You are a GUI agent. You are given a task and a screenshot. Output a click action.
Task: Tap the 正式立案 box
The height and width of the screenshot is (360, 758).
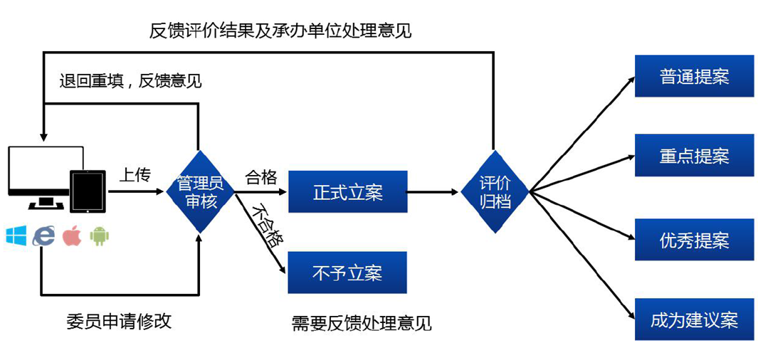pyautogui.click(x=347, y=192)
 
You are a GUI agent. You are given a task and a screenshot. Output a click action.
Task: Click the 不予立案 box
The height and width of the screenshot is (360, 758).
pyautogui.click(x=347, y=272)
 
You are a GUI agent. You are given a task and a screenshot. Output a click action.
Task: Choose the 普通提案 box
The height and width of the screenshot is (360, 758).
pyautogui.click(x=694, y=76)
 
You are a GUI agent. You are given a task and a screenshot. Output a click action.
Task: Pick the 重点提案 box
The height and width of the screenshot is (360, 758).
pyautogui.click(x=694, y=156)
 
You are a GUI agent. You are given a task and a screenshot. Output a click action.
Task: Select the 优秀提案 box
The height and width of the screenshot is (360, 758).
pyautogui.click(x=694, y=240)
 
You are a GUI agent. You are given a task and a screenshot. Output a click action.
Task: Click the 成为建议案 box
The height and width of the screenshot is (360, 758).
pyautogui.click(x=694, y=319)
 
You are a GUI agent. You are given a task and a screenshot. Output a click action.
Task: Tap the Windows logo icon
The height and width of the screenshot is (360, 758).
pyautogui.click(x=16, y=235)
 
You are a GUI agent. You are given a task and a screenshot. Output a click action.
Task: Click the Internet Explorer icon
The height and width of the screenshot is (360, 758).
pyautogui.click(x=43, y=235)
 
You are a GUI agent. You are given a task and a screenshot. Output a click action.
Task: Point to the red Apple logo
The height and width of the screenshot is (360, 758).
pyautogui.click(x=72, y=235)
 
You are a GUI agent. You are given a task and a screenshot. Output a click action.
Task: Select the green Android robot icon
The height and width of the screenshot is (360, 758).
pyautogui.click(x=100, y=236)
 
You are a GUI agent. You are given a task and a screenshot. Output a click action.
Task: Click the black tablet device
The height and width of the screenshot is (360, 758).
pyautogui.click(x=88, y=191)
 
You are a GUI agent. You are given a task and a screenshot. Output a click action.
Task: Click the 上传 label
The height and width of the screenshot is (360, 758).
pyautogui.click(x=135, y=175)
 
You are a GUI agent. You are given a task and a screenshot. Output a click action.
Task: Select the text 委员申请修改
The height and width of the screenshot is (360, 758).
pyautogui.click(x=119, y=321)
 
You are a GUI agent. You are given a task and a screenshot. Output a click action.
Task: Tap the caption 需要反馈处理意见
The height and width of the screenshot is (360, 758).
pyautogui.click(x=362, y=323)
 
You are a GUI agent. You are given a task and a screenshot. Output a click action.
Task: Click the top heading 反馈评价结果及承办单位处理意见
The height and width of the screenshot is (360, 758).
pyautogui.click(x=280, y=30)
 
